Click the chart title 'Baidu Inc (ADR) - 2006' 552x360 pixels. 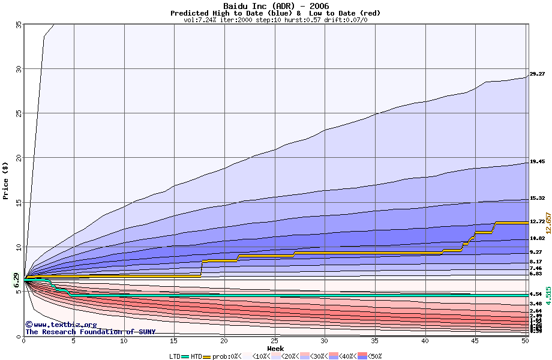point(276,6)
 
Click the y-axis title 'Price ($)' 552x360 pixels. point(6,180)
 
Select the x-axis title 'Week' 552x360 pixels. point(275,349)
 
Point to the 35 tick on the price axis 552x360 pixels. point(19,25)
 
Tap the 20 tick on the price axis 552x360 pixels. point(19,158)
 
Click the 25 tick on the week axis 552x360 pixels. point(275,341)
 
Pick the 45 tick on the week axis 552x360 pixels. point(475,341)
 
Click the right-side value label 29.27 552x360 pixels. point(537,74)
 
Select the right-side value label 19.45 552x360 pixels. point(537,162)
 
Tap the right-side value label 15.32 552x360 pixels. point(537,199)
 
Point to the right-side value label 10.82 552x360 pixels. point(537,238)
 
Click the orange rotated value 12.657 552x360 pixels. point(548,223)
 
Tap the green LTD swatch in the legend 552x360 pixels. point(185,356)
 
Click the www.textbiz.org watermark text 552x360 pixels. point(57,325)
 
